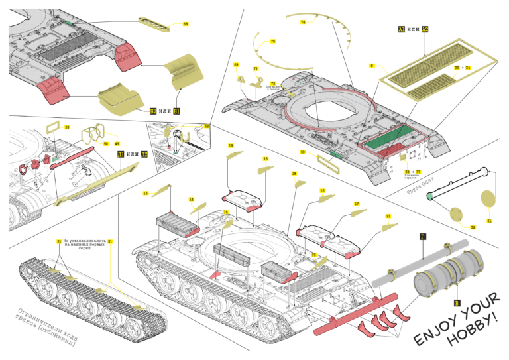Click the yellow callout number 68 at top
(186, 24)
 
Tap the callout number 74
(302, 22)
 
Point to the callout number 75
(272, 41)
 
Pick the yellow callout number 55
(67, 127)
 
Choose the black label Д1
(121, 154)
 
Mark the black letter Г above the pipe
(422, 236)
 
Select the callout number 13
(146, 193)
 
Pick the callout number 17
(357, 204)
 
